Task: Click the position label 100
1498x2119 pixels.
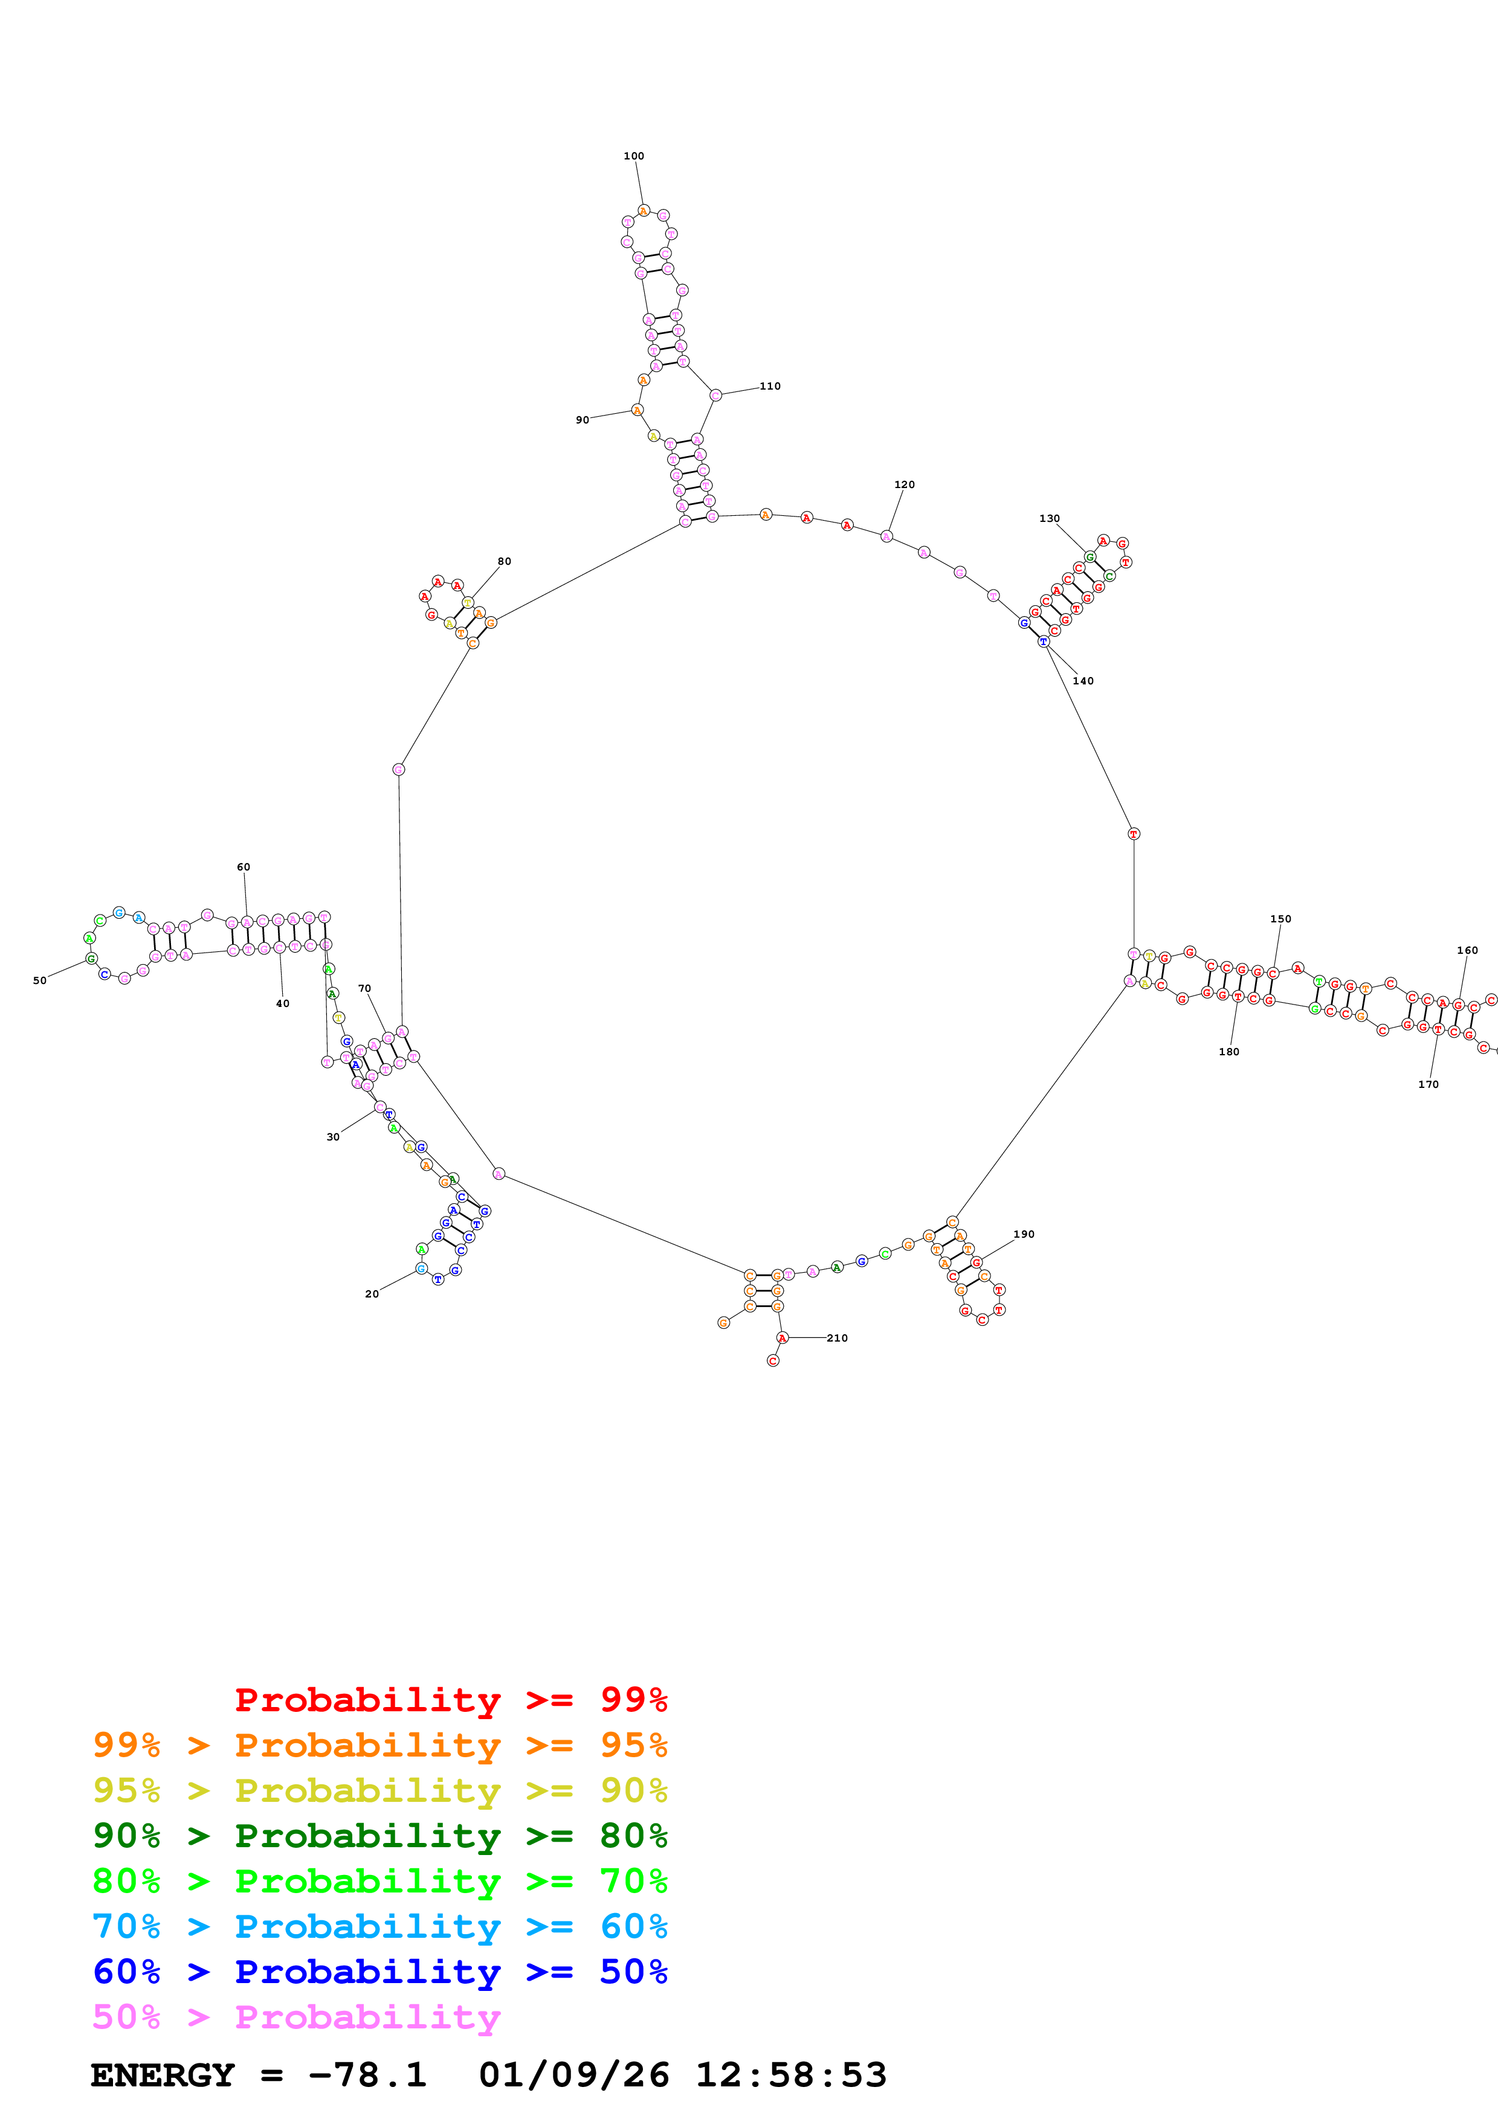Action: click(633, 156)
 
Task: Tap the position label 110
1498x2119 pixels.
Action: click(770, 386)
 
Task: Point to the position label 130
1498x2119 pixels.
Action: click(1050, 519)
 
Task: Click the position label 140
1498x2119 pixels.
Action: click(1083, 681)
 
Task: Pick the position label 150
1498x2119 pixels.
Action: click(1280, 919)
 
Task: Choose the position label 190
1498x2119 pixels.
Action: click(1024, 1234)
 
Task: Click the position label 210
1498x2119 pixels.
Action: click(837, 1338)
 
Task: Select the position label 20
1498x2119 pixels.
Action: click(372, 1294)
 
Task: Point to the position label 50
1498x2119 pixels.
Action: click(40, 981)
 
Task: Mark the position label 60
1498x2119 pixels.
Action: click(243, 867)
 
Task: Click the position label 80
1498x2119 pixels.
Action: click(504, 561)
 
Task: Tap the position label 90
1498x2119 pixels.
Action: click(583, 420)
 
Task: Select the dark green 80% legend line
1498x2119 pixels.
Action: click(379, 1836)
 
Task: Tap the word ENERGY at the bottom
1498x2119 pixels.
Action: click(163, 2076)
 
